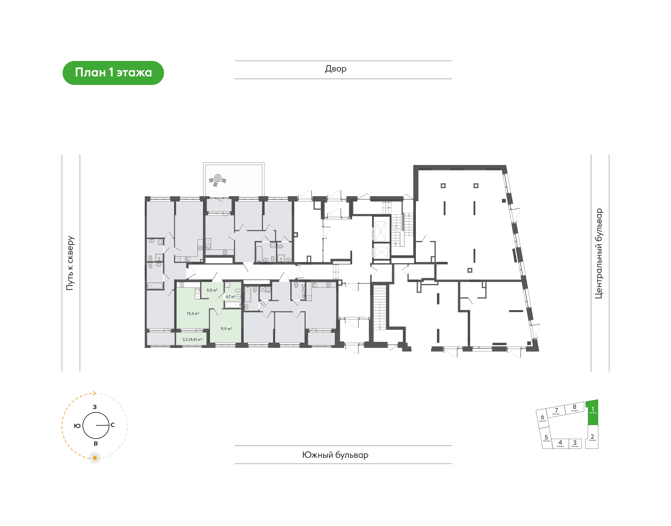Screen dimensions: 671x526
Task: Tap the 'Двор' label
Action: coord(336,69)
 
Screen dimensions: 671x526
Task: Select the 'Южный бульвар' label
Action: coord(335,455)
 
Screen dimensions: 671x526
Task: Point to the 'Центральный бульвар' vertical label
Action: coord(598,253)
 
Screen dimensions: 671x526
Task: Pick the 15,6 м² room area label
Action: coord(193,314)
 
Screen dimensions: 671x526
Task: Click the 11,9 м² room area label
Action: coord(226,329)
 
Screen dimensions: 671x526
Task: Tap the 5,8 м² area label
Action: coord(212,290)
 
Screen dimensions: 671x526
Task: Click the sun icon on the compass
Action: coord(95,458)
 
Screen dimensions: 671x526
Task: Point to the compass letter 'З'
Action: coord(95,407)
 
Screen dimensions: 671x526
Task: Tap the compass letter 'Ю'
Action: coord(77,426)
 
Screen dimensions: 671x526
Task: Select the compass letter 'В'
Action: coord(96,443)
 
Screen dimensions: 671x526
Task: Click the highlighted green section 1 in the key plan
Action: coord(593,413)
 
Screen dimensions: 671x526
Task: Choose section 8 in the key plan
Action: coord(574,408)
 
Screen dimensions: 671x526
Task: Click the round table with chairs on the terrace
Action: coord(218,179)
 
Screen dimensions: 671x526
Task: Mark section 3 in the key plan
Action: coord(575,443)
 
